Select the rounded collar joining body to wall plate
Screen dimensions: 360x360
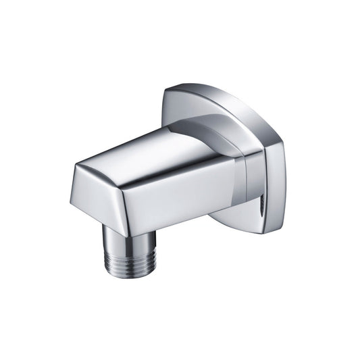216,135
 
